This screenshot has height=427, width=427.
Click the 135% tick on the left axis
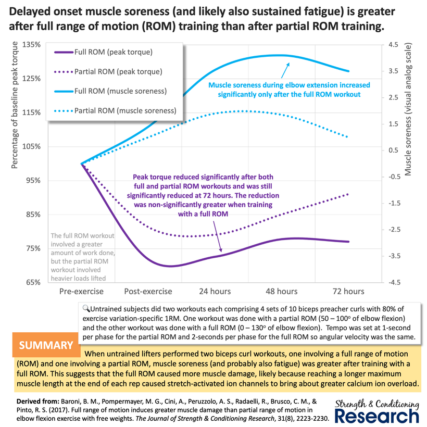pyautogui.click(x=31, y=45)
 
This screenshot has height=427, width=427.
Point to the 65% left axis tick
pyautogui.click(x=33, y=282)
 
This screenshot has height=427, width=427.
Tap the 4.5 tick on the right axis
pyautogui.click(x=393, y=45)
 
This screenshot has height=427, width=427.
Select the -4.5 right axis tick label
pyautogui.click(x=394, y=282)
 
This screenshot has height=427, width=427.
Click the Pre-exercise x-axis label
pyautogui.click(x=81, y=292)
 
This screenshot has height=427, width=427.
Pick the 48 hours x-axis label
pyautogui.click(x=282, y=292)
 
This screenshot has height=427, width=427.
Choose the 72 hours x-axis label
pyautogui.click(x=348, y=292)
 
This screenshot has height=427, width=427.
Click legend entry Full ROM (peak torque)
pyautogui.click(x=104, y=52)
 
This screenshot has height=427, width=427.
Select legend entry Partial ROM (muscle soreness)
pyautogui.click(x=116, y=111)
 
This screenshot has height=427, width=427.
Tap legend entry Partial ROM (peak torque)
pyautogui.click(x=108, y=72)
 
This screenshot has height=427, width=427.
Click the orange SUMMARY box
pyautogui.click(x=46, y=345)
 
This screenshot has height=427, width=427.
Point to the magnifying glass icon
pyautogui.click(x=86, y=309)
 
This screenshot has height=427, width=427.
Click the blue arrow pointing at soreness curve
pyautogui.click(x=285, y=70)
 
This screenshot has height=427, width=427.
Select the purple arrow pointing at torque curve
pyautogui.click(x=218, y=236)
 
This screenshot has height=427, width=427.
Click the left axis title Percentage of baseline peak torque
pyautogui.click(x=14, y=105)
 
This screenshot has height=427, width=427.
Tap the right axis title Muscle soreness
pyautogui.click(x=407, y=109)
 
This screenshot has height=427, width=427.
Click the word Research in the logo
pyautogui.click(x=376, y=416)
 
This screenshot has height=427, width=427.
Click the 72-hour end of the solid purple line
pyautogui.click(x=348, y=242)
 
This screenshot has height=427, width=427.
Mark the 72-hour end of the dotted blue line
pyautogui.click(x=347, y=137)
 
